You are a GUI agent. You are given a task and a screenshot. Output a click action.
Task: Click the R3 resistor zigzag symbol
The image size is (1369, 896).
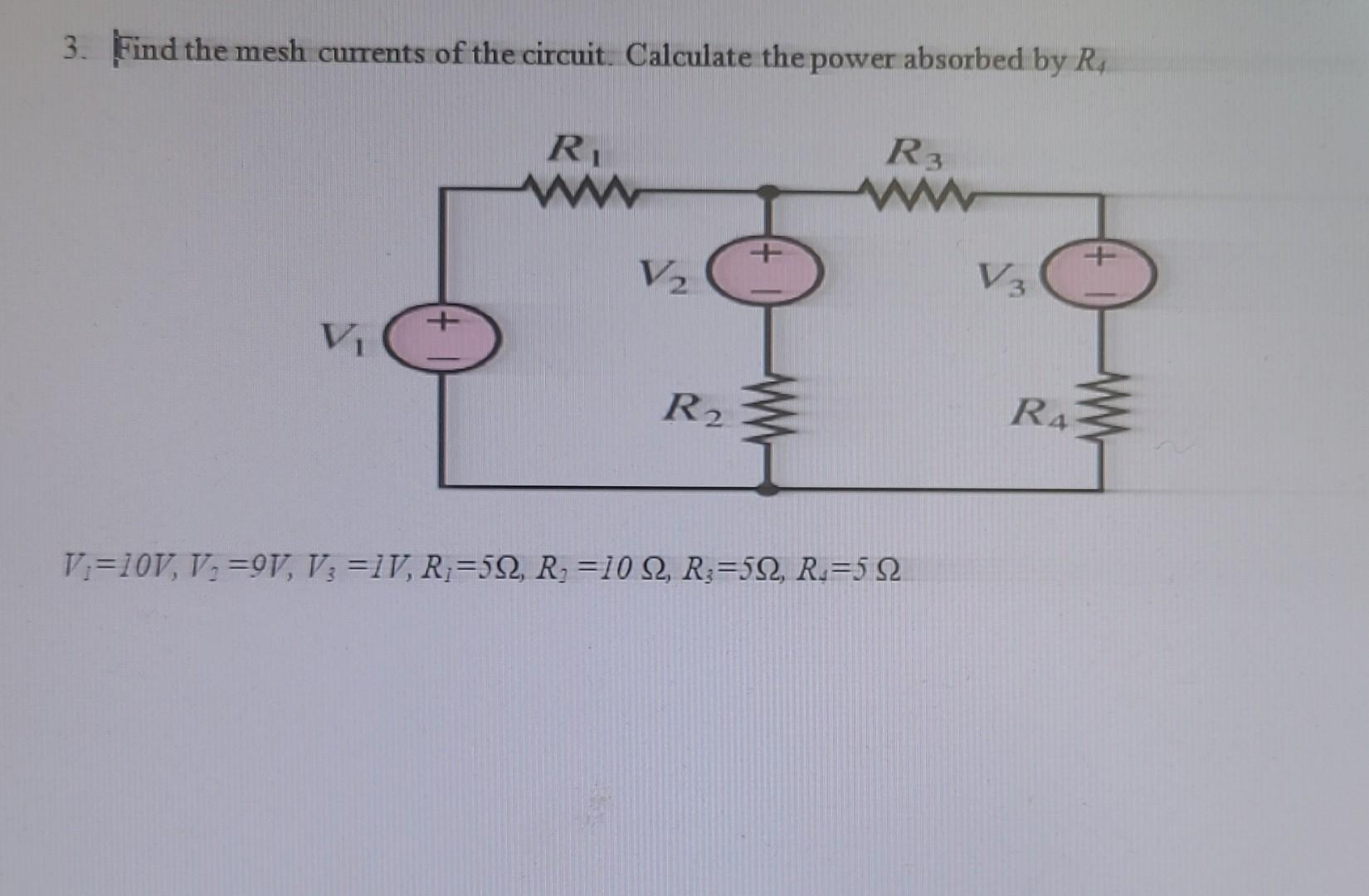coord(915,196)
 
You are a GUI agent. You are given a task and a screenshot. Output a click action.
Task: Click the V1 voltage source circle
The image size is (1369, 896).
coord(445,338)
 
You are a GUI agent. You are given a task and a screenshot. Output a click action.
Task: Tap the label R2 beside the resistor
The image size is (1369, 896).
coord(694,408)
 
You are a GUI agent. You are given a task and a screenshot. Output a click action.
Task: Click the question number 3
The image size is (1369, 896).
coord(74,50)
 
